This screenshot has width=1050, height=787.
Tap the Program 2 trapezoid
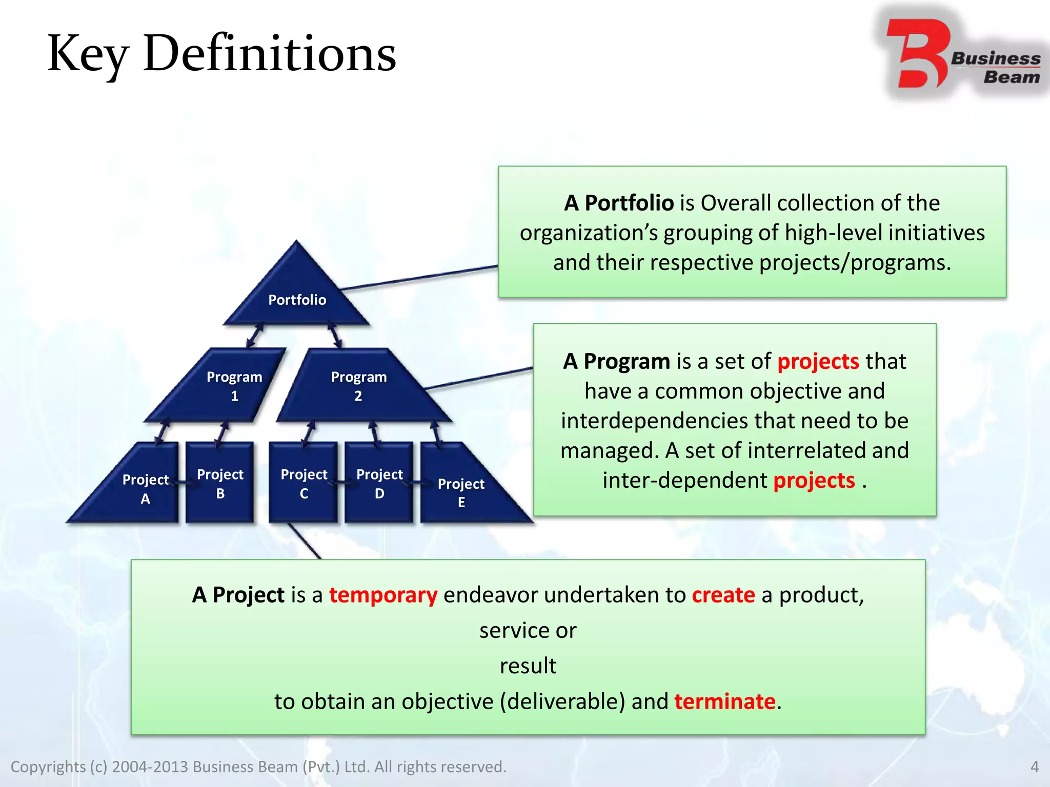pos(359,386)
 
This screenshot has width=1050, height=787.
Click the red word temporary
pos(383,595)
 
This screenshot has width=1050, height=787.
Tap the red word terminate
pos(724,701)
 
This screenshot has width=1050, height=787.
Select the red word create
pos(723,595)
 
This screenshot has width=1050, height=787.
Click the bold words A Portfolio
pos(619,203)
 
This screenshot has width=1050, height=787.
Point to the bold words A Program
pos(616,362)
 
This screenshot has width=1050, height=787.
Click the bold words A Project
pos(238,595)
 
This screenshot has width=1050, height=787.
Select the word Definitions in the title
pos(270,54)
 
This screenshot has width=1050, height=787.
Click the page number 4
pos(1034,767)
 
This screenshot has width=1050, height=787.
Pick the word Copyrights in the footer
pos(48,767)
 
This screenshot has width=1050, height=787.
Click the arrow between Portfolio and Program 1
pos(255,336)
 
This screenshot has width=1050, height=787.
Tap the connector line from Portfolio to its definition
pos(420,278)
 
